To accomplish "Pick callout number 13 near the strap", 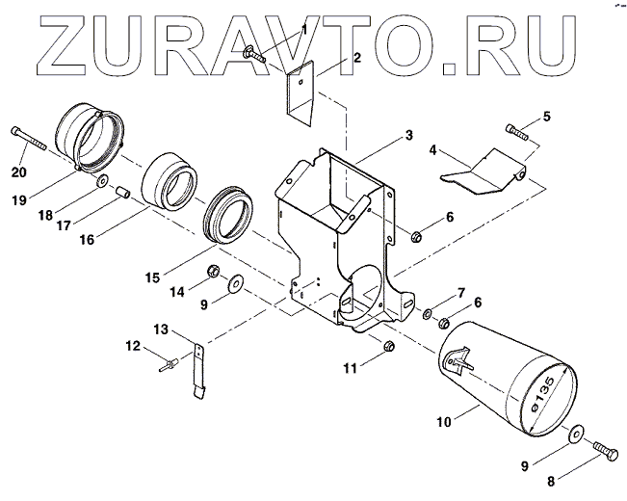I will coord(162,329).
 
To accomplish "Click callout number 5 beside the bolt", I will coord(547,118).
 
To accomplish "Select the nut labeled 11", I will coord(389,345).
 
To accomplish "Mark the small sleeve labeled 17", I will coord(122,191).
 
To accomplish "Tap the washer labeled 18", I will coord(102,180).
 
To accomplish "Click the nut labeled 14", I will coord(215,271).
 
